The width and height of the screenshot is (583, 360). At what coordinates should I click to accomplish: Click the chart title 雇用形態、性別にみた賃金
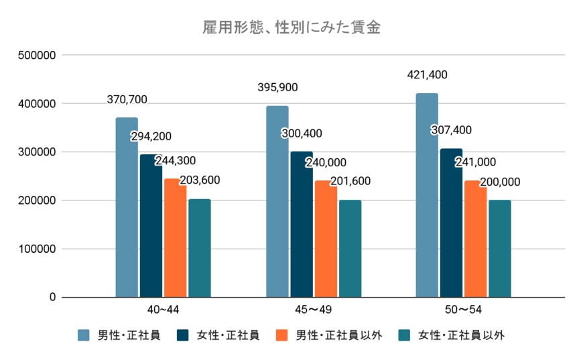292,28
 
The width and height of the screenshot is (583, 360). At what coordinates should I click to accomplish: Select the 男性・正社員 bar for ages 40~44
127,207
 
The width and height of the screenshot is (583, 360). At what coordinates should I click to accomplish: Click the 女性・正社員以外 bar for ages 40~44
199,248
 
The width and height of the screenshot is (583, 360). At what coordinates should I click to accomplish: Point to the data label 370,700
127,100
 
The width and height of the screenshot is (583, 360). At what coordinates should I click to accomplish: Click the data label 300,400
301,133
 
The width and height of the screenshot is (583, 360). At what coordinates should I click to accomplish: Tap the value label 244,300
175,161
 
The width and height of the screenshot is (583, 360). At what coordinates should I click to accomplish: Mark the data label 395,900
277,87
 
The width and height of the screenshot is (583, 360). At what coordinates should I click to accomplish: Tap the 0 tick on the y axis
51,297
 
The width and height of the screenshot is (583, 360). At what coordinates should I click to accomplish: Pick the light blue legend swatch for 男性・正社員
83,335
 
